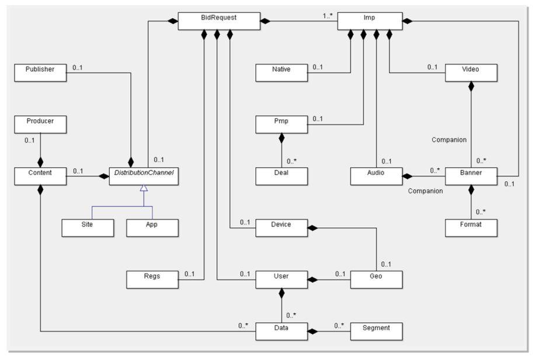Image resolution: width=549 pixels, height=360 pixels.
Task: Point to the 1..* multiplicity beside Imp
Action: point(328,16)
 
